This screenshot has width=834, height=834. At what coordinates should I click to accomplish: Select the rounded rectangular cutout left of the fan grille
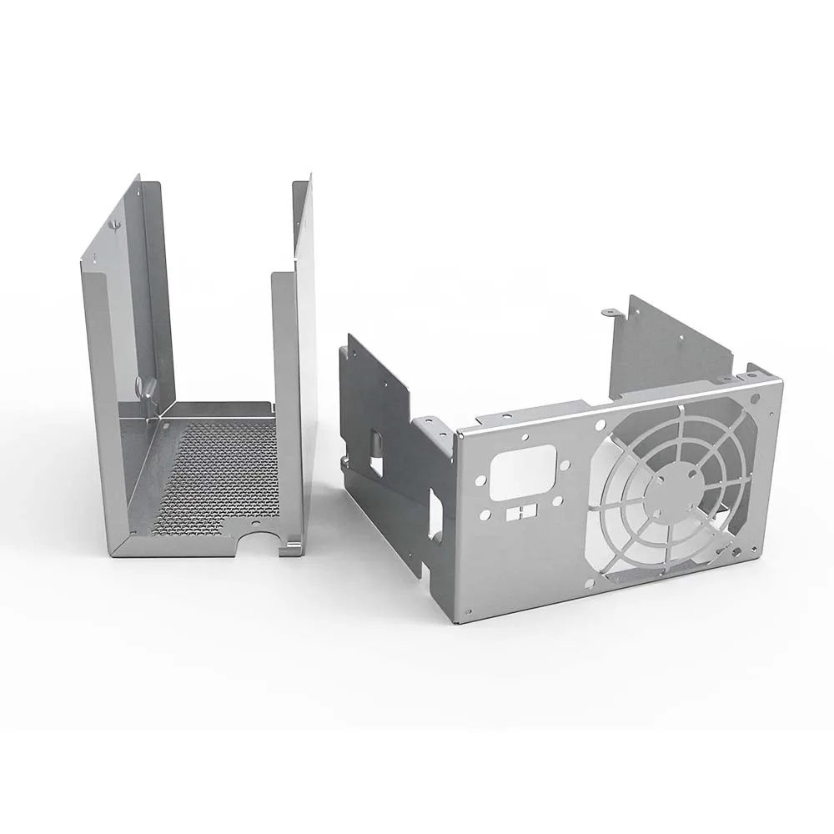[523, 472]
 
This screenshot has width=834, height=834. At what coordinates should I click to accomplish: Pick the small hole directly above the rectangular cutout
[525, 437]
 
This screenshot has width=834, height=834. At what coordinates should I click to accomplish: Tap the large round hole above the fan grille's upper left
[599, 425]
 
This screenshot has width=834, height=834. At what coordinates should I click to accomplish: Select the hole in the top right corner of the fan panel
[755, 399]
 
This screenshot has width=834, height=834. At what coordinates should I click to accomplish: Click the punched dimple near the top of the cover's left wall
[115, 224]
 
